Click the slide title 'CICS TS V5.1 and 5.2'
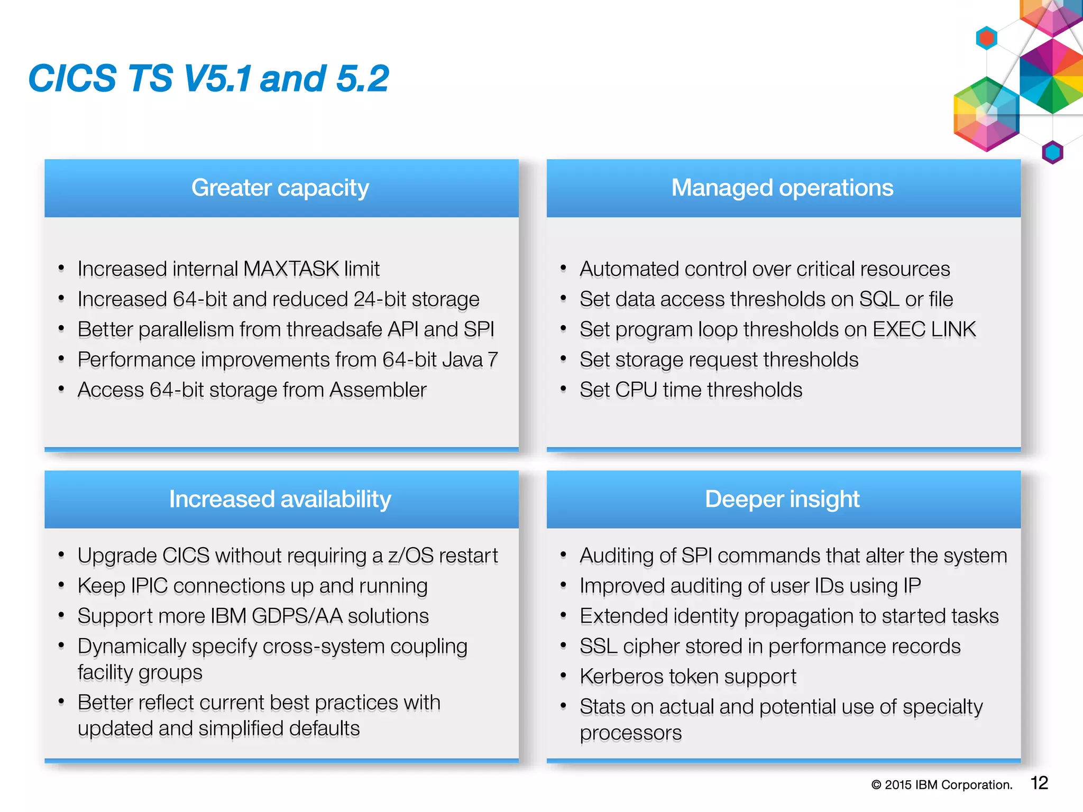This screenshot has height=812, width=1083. coord(208,79)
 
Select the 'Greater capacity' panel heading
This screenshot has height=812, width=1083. coord(280,188)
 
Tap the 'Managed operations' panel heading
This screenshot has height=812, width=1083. coord(782,188)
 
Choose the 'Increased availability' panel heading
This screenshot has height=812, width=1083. coord(280,499)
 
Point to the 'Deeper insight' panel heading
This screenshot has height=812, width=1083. coord(782,499)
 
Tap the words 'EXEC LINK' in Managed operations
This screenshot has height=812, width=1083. coord(924,329)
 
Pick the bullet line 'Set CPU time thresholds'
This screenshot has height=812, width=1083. coord(691,390)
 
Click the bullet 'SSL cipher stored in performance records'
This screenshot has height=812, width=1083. coord(770,647)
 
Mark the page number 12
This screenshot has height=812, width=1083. coord(1039,783)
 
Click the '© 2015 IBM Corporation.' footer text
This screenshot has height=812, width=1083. coord(942,785)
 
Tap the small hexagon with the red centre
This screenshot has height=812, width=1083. coord(986,38)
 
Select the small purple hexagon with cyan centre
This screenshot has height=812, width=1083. coord(1052,153)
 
